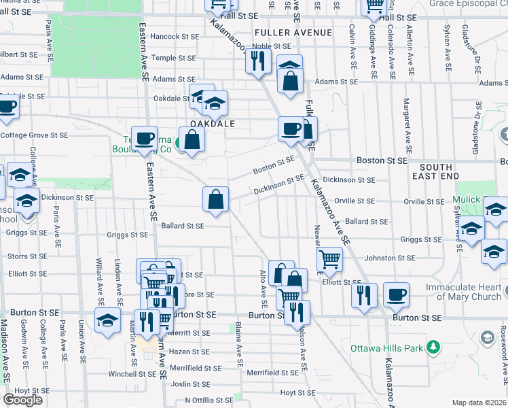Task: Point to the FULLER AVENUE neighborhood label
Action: (293, 33)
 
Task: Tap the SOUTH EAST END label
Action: (444, 171)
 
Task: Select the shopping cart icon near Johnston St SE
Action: (329, 258)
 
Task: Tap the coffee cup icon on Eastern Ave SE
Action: (144, 138)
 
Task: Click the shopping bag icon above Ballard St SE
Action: (215, 199)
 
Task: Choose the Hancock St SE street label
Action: (175, 36)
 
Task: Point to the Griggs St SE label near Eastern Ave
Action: (127, 235)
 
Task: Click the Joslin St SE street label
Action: (189, 384)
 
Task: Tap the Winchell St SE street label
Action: (113, 373)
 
